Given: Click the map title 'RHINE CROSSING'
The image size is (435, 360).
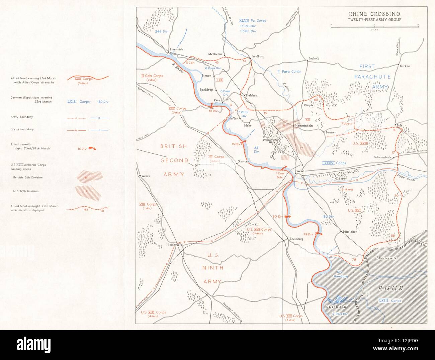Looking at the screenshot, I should (374, 14).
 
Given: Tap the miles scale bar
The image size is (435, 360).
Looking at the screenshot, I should (374, 25).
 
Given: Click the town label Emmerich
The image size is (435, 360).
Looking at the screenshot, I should (176, 49).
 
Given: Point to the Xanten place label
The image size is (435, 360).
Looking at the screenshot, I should (243, 162).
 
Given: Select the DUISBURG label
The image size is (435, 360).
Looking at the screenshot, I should (336, 307).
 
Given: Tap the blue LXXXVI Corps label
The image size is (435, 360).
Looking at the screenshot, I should (334, 163).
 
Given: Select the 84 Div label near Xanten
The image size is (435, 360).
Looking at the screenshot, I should (256, 149).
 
